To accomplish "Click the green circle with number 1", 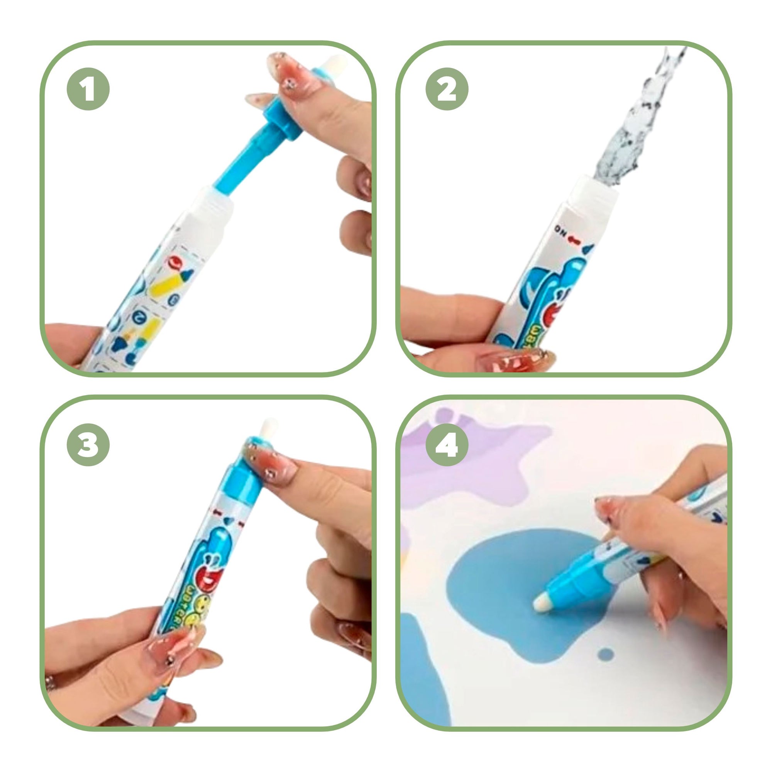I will (x=88, y=88).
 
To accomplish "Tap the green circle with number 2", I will (x=447, y=88).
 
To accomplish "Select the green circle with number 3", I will (x=88, y=444).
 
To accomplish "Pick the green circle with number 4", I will (x=447, y=444).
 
